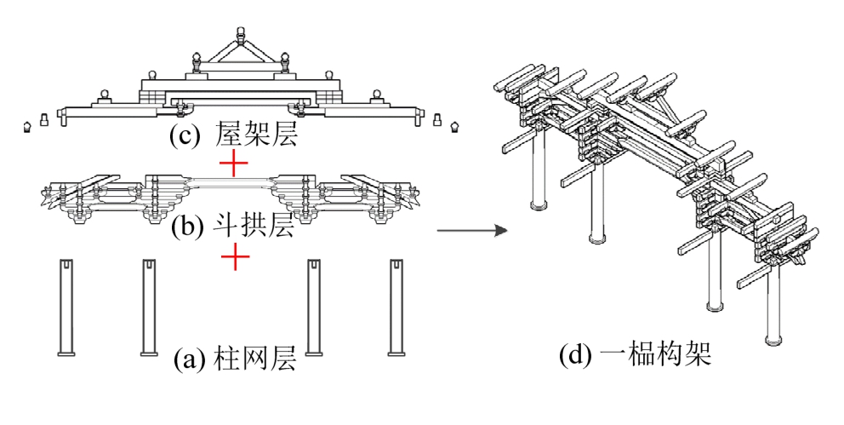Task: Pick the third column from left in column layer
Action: click(314, 307)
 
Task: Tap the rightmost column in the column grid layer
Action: click(396, 307)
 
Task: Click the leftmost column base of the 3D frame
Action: click(537, 204)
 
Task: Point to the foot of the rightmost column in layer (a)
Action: click(396, 350)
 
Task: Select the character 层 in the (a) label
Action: click(282, 359)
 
